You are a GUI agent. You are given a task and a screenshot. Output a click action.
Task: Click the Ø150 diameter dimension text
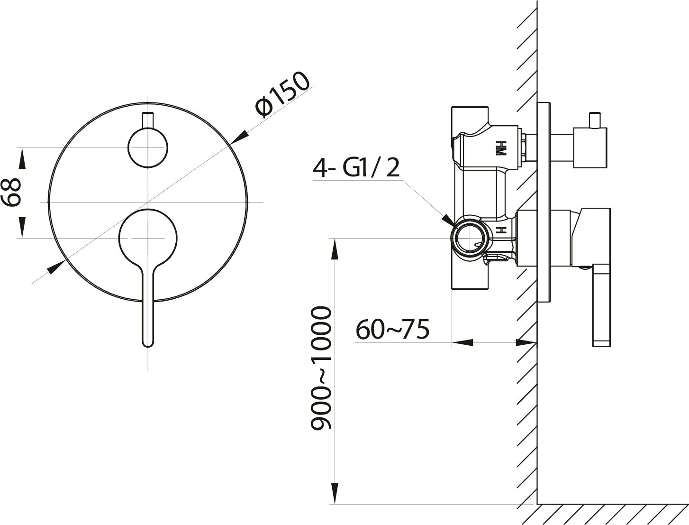(x=282, y=94)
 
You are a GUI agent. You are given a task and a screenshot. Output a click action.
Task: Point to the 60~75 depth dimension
(x=392, y=329)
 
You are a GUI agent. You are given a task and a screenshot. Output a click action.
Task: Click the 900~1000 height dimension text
(x=320, y=368)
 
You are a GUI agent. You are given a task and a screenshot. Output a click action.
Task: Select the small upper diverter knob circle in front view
(x=148, y=147)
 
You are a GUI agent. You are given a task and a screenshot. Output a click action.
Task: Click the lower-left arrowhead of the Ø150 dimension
(x=56, y=267)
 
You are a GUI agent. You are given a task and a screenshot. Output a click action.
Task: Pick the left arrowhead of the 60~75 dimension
(x=462, y=342)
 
